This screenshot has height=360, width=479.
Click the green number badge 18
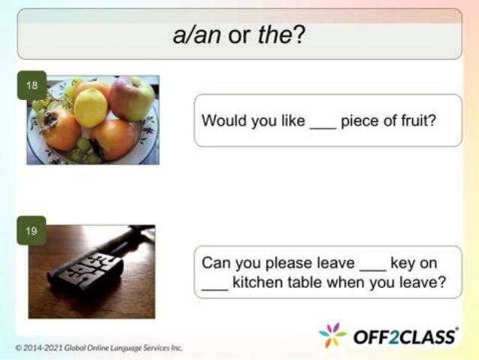tap(32, 85)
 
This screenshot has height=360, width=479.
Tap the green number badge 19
tap(31, 231)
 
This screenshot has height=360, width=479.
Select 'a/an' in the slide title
tap(197, 35)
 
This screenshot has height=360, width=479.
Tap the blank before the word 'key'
tap(372, 264)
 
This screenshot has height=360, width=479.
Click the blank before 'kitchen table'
tap(215, 283)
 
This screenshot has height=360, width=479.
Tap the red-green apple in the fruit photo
tap(131, 98)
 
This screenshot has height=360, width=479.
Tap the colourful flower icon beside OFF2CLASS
tap(333, 336)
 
